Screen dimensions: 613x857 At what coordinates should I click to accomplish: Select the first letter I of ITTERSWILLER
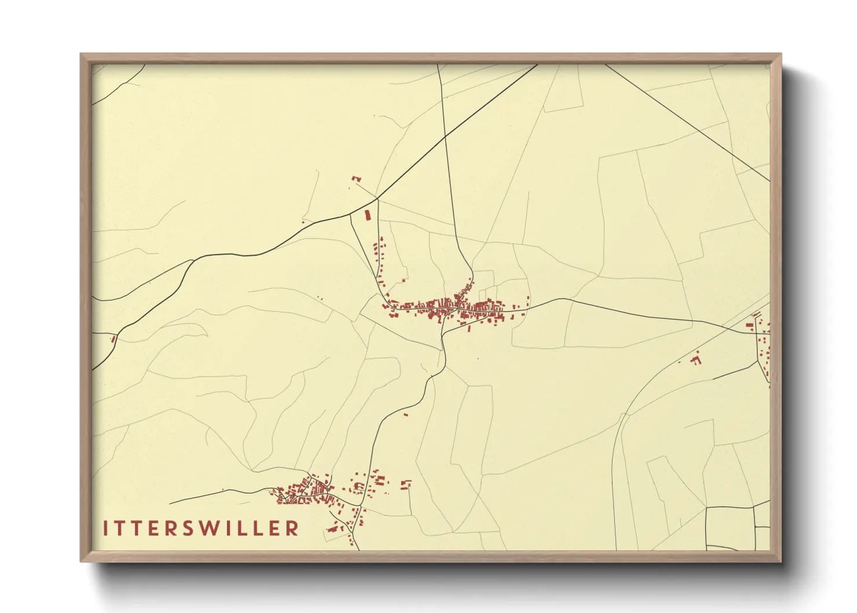105,528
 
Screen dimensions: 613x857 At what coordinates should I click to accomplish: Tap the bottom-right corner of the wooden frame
781,561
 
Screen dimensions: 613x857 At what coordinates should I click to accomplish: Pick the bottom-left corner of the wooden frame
81,561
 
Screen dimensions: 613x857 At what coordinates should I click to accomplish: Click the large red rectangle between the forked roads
367,215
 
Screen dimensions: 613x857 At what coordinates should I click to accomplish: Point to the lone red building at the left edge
113,339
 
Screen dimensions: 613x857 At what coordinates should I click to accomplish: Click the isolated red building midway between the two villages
405,414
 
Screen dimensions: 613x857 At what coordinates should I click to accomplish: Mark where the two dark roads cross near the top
445,137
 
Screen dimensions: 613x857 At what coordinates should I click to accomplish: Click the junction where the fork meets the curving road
378,199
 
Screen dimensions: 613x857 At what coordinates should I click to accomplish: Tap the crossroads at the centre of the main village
458,306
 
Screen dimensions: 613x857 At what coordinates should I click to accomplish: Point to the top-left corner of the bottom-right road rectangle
706,508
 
